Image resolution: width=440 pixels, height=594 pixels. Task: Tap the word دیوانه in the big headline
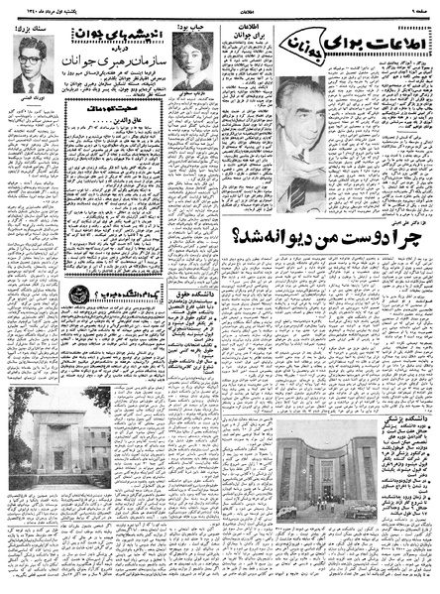(x=286, y=236)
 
